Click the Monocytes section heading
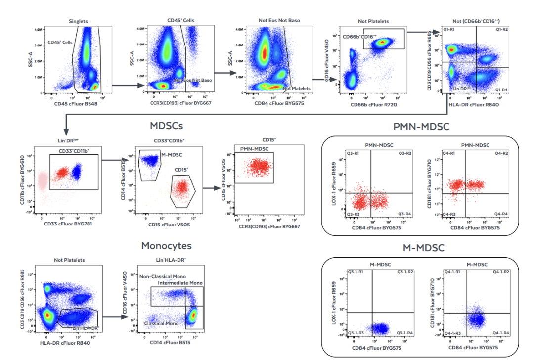(x=166, y=245)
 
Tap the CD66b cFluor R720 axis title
(x=374, y=104)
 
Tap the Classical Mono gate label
(x=161, y=323)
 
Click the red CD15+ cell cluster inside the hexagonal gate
(x=182, y=188)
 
